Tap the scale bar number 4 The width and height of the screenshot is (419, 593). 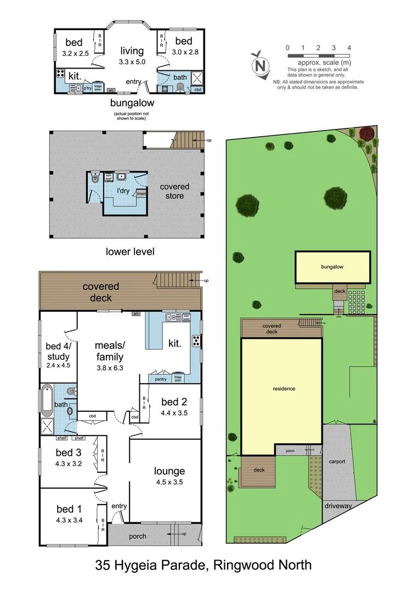tap(349, 48)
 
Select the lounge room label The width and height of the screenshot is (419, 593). tap(169, 471)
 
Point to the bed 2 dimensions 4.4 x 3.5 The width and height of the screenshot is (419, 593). tap(174, 413)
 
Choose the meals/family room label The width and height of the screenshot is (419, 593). tap(110, 351)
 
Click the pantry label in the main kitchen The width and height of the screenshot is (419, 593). tap(161, 379)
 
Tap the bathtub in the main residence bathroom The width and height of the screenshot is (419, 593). tap(46, 400)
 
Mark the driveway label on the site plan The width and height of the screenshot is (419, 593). tap(338, 506)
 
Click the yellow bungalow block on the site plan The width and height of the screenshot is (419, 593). tap(332, 267)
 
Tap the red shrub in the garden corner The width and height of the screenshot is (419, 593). tap(366, 132)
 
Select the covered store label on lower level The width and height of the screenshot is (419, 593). tap(174, 191)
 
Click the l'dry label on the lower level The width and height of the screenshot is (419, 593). tap(126, 191)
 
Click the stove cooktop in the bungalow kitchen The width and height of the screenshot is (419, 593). tap(61, 74)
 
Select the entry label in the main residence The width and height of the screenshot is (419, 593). tap(119, 506)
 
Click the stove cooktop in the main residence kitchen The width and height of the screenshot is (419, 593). tap(196, 342)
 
